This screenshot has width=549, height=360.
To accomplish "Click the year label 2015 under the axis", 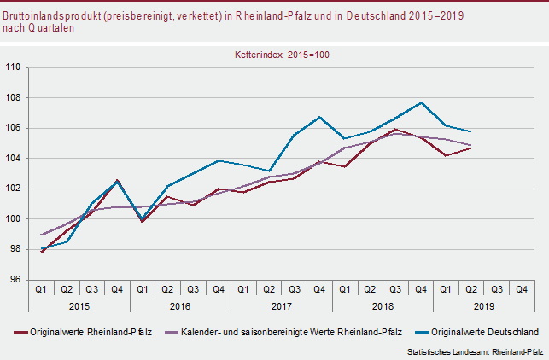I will pos(79,305).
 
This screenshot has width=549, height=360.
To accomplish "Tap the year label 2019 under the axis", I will pos(484,305).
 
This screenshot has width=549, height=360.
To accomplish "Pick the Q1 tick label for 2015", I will pos(41,289).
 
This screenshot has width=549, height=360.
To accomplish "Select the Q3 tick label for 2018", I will pos(395,289).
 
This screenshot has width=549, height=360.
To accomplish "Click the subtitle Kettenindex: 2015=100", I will pos(282,54).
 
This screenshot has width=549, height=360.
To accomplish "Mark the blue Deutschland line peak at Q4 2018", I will pos(421,102).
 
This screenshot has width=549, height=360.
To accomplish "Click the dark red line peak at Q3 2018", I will pos(396,129).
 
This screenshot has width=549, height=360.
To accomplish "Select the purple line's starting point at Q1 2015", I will pos(41,235).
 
